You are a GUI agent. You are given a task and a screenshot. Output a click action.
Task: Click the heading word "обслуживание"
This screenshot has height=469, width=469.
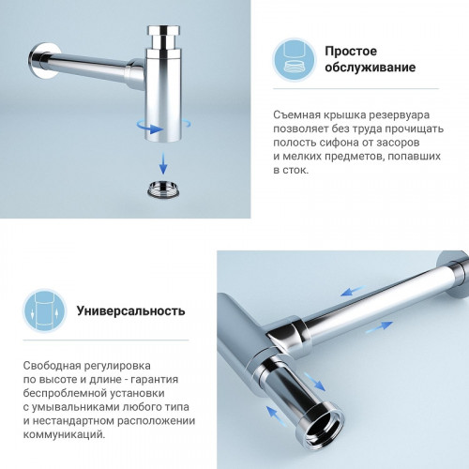(x=370, y=69)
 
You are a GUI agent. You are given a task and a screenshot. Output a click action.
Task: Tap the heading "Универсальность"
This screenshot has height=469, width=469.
(x=130, y=310)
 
